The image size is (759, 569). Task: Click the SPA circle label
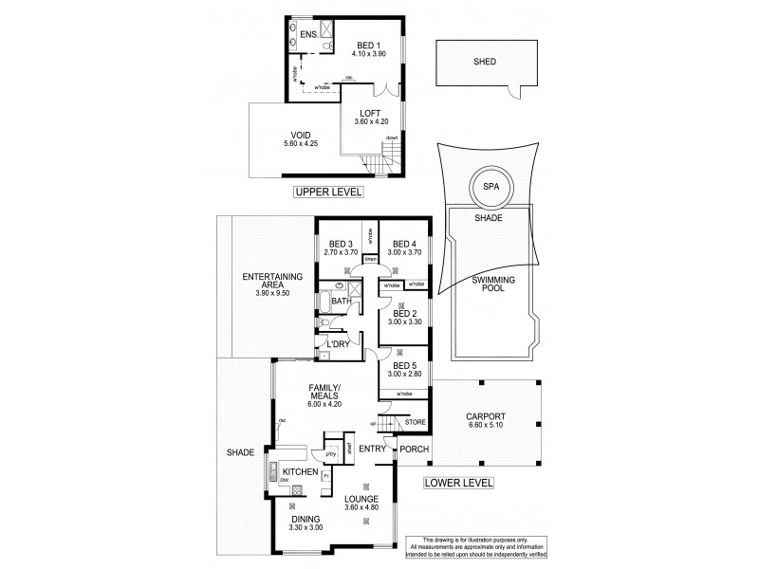click(491, 187)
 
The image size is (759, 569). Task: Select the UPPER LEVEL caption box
click(328, 192)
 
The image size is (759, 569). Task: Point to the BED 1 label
click(368, 45)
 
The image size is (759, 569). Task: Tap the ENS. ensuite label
click(308, 35)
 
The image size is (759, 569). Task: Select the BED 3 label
click(338, 242)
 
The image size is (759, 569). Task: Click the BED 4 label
click(405, 242)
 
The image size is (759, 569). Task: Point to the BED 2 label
click(405, 313)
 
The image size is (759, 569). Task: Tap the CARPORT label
click(485, 416)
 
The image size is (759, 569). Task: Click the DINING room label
click(305, 519)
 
